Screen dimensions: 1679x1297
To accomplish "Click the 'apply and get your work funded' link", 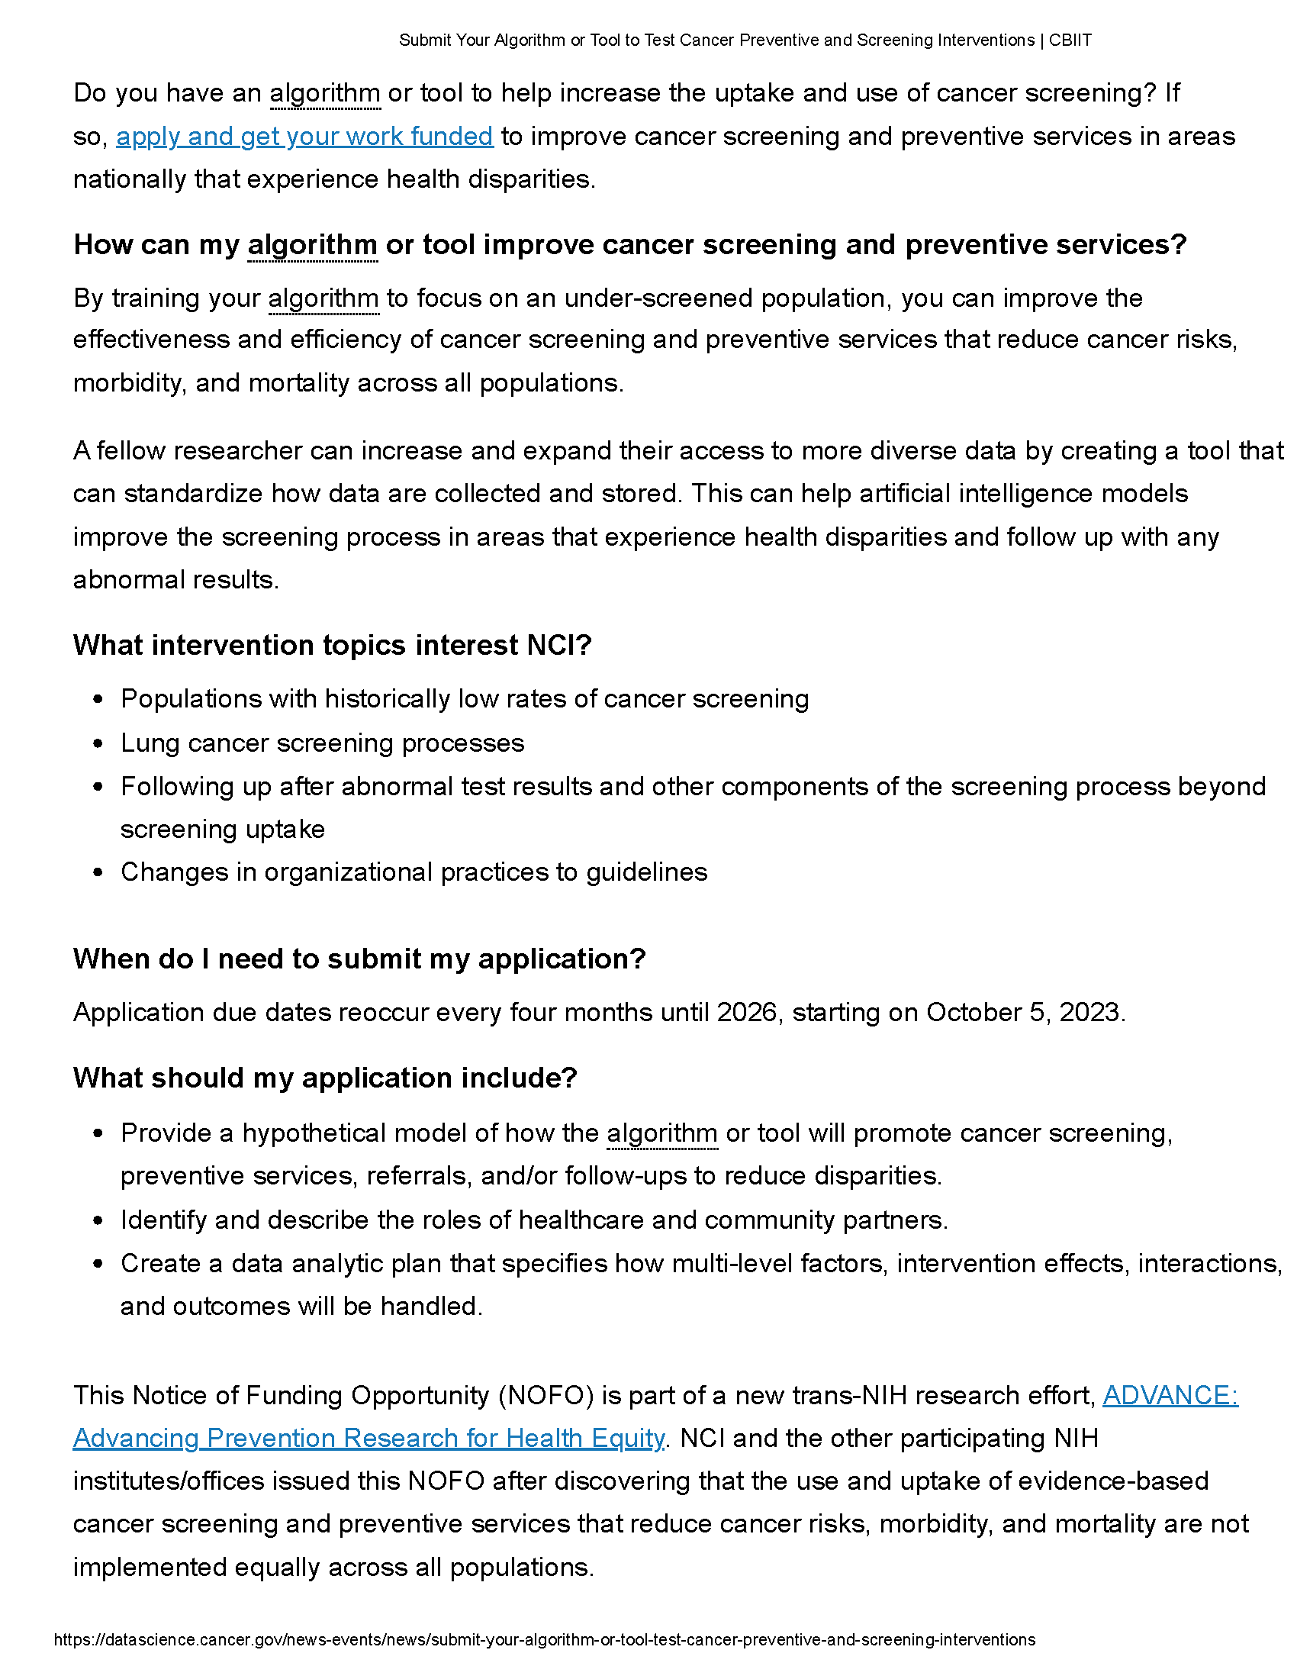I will click(x=304, y=136).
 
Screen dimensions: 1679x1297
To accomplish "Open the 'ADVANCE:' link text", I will click(x=1170, y=1394).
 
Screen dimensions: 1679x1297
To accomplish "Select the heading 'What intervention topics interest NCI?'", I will click(x=332, y=645).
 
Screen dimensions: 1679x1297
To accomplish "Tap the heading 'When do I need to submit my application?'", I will click(x=359, y=959).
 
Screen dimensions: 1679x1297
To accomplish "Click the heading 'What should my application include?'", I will click(x=324, y=1078).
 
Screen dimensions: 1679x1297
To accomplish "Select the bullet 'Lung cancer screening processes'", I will click(x=322, y=743).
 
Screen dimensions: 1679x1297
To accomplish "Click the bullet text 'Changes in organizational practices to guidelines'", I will click(x=414, y=872).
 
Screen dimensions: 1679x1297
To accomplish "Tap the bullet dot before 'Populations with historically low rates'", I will click(x=98, y=700).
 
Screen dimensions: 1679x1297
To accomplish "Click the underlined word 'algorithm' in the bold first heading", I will click(x=312, y=244).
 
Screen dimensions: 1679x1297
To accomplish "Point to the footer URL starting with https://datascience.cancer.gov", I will click(x=544, y=1639).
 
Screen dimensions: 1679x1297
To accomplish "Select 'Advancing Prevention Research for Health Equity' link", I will click(x=368, y=1438).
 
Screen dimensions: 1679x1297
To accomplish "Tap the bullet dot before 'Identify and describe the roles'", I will click(x=98, y=1221).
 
